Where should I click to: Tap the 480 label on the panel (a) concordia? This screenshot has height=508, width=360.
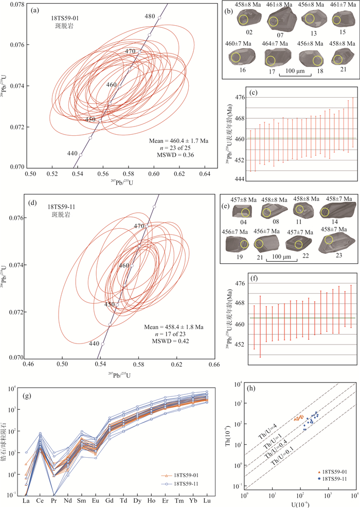(x=150, y=16)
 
